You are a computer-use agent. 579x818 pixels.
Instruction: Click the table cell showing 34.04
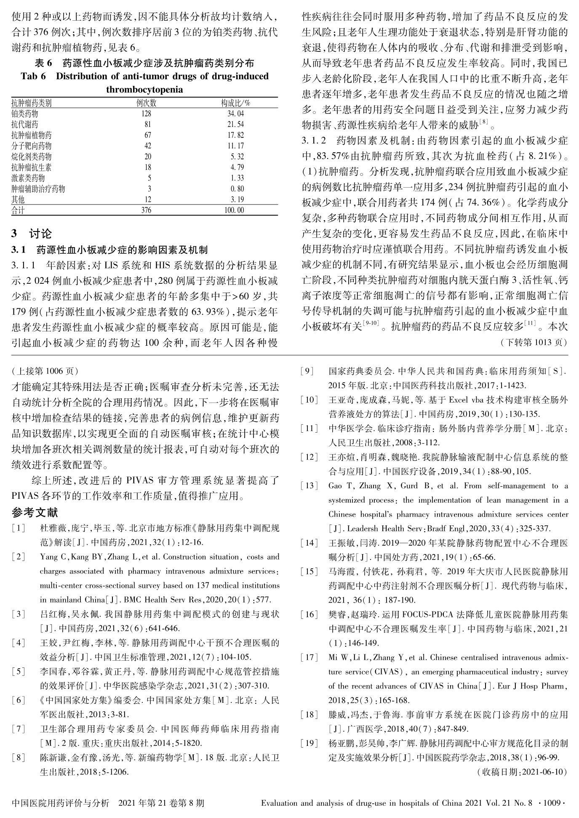pyautogui.click(x=235, y=113)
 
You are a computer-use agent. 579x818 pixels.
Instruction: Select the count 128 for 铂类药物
pyautogui.click(x=146, y=113)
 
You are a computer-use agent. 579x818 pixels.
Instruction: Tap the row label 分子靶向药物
pyautogui.click(x=32, y=146)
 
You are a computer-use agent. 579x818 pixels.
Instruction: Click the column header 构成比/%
pyautogui.click(x=236, y=103)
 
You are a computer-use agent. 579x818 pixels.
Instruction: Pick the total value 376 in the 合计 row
pyautogui.click(x=146, y=210)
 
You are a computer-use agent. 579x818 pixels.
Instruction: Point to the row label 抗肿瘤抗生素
pyautogui.click(x=32, y=167)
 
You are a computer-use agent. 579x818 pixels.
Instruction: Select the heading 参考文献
pyautogui.click(x=35, y=513)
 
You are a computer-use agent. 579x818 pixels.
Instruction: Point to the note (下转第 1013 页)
pyautogui.click(x=533, y=342)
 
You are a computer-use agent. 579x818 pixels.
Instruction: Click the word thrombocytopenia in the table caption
pyautogui.click(x=144, y=90)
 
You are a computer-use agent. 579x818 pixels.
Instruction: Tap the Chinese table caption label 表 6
pyautogui.click(x=43, y=64)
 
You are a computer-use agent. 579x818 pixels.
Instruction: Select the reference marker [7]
pyautogui.click(x=19, y=729)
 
